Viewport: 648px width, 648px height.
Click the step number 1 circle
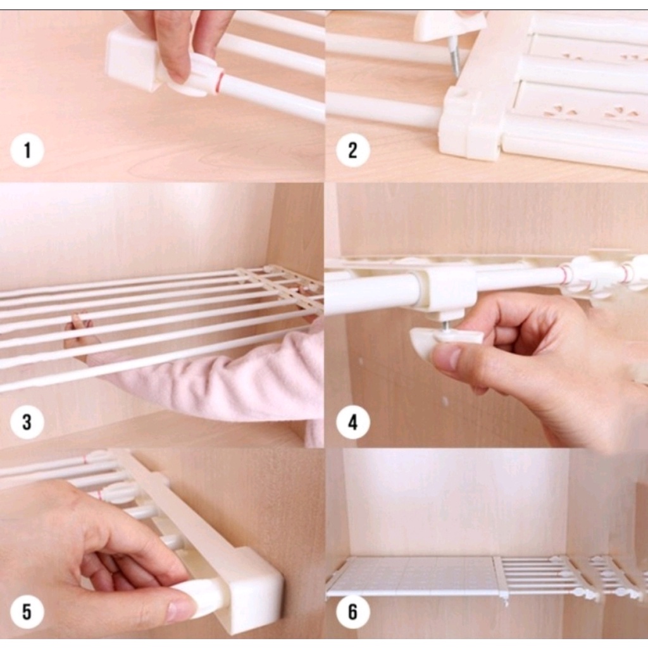point(27,149)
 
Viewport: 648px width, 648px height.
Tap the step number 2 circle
point(352,149)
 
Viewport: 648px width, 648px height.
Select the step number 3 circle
point(27,422)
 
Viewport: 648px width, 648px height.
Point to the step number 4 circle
point(352,422)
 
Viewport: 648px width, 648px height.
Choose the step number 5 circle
point(27,612)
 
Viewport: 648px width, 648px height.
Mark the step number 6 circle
point(352,612)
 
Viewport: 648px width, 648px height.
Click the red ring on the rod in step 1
point(220,83)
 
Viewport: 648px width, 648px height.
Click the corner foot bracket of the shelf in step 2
point(471,124)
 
